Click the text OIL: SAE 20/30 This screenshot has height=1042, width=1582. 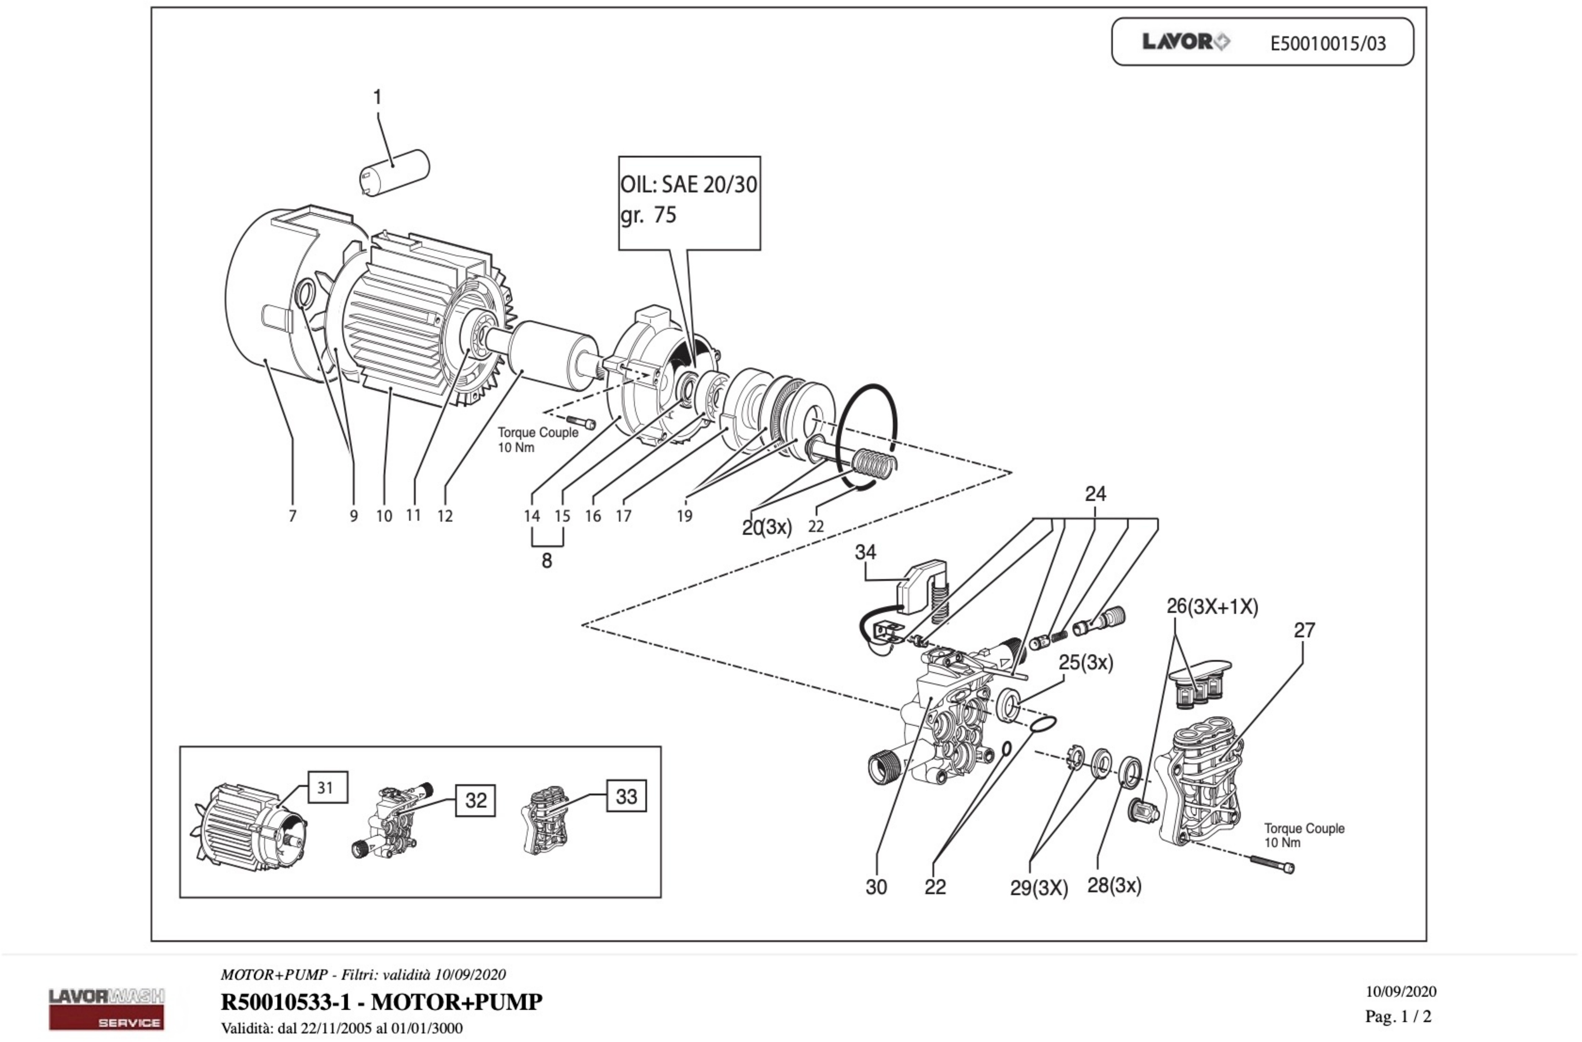point(689,185)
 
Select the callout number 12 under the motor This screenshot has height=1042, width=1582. point(445,516)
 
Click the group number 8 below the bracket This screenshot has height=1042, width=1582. point(546,561)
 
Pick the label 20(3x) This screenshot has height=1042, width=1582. point(767,527)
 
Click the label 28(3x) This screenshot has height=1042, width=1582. point(1114,885)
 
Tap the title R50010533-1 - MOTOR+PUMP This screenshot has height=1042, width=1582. point(381,1001)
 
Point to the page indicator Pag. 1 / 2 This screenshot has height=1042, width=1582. point(1398,1016)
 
